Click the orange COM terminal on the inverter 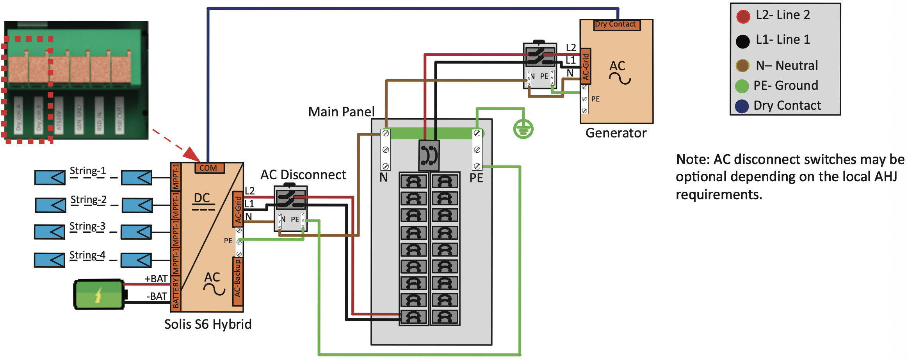point(209,168)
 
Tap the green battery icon point(99,294)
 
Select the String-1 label point(88,171)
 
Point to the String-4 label point(87,255)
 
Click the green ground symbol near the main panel point(523,129)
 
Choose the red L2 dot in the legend point(743,16)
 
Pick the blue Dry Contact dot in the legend point(742,106)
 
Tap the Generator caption point(616,133)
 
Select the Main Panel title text point(341,112)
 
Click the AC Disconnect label point(303,175)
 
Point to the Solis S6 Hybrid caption point(208,324)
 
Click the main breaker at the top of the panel point(429,155)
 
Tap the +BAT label point(156,279)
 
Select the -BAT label point(157,296)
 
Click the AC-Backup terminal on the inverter point(237,281)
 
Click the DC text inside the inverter point(202,198)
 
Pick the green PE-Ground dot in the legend point(742,86)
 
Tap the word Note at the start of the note point(691,160)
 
